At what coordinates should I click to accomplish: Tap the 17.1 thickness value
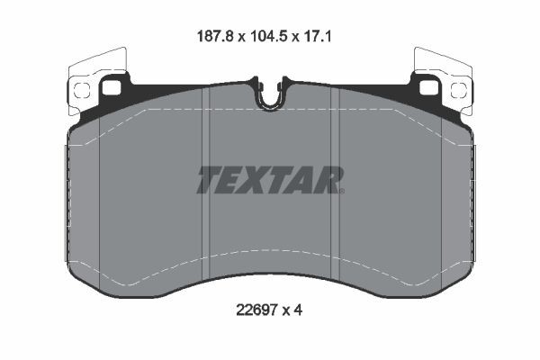pyautogui.click(x=317, y=36)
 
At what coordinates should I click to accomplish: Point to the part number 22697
pyautogui.click(x=256, y=310)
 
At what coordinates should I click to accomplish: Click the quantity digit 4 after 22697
pyautogui.click(x=298, y=310)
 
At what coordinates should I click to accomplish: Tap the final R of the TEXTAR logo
pyautogui.click(x=326, y=180)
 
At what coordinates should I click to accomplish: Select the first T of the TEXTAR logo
pyautogui.click(x=211, y=180)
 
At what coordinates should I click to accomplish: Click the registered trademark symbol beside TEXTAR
pyautogui.click(x=342, y=191)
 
